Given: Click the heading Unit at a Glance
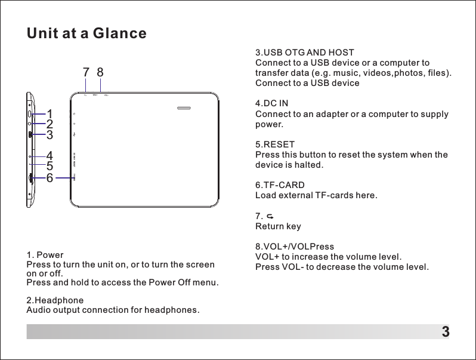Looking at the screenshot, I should [x=86, y=33].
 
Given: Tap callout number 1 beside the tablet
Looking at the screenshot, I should [x=50, y=113].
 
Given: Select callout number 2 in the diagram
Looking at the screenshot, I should [x=50, y=124].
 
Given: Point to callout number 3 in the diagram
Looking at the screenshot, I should [x=50, y=135].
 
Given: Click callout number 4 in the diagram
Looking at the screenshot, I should [x=50, y=156].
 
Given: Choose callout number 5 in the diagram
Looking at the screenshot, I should [x=50, y=167].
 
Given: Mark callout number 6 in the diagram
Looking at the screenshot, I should [x=50, y=178].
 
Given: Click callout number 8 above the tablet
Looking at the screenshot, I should [x=100, y=72].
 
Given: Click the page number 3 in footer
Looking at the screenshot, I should [x=445, y=332].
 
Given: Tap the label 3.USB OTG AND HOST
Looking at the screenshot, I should [x=304, y=53].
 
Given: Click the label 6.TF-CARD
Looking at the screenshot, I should [x=280, y=186].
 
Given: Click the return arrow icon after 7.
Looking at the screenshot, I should [x=270, y=216].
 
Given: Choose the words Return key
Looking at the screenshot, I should [x=278, y=227].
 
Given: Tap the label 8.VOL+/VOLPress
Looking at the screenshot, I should [x=295, y=247].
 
